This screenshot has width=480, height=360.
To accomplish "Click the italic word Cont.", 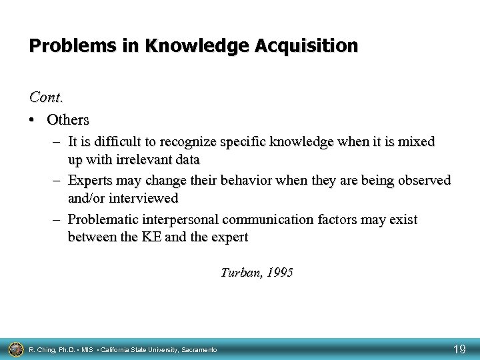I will click(x=45, y=97).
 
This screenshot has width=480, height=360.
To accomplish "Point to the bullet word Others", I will click(x=67, y=120).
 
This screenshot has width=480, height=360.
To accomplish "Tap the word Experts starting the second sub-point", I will click(x=90, y=180).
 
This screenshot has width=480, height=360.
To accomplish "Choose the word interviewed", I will click(x=145, y=199).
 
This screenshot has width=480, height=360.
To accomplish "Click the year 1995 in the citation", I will click(x=278, y=273).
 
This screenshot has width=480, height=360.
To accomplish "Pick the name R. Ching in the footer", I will click(x=43, y=349).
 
